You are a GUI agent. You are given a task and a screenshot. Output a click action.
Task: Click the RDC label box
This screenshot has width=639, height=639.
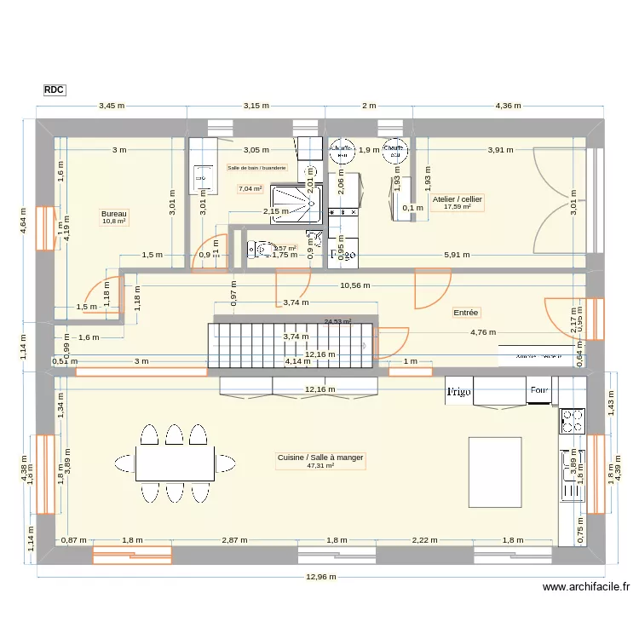(54, 89)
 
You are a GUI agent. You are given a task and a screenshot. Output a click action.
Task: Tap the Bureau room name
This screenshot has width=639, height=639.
(113, 213)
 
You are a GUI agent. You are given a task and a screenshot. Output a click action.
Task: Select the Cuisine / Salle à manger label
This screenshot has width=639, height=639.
(320, 458)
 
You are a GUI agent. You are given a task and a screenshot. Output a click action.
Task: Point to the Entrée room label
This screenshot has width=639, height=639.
(466, 313)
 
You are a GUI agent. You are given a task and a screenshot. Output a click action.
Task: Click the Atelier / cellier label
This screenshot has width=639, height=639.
(458, 199)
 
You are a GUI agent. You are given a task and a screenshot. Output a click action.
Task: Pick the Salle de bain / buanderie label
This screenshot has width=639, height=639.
(256, 168)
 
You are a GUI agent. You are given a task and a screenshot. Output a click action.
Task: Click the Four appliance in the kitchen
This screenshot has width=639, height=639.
(538, 391)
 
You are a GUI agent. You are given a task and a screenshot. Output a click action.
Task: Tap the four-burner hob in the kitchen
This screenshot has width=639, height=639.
(572, 420)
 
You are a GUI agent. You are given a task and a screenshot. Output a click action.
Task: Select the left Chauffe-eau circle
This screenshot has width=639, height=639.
(342, 151)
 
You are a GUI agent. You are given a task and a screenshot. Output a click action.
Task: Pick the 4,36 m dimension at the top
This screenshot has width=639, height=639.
(509, 106)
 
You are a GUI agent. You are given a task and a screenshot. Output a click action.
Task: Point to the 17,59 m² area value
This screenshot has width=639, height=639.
(458, 206)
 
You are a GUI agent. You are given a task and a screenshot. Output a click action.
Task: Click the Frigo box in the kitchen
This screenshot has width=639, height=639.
(458, 391)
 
